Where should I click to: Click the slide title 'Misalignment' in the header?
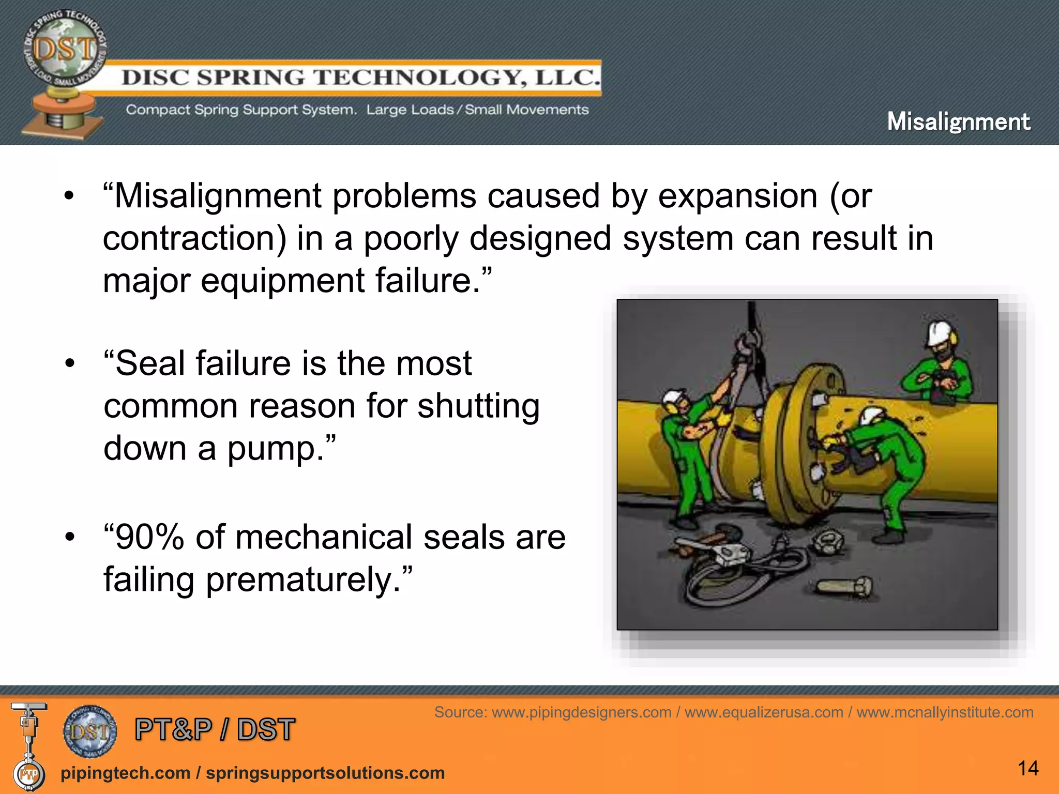[958, 122]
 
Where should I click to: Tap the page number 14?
[1028, 768]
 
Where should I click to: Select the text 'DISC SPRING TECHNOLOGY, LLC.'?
[360, 78]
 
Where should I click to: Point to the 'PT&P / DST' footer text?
[215, 729]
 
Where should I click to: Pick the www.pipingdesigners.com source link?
[581, 712]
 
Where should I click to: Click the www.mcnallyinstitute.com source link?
[945, 712]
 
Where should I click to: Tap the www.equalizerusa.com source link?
[764, 712]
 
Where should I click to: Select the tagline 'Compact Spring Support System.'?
[241, 110]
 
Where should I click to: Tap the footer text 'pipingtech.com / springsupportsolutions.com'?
[252, 773]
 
